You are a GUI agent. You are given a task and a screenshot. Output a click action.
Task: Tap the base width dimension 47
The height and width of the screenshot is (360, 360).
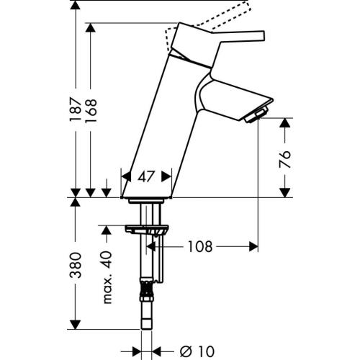(147, 176)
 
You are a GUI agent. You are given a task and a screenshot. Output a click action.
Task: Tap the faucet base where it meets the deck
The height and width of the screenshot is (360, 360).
(147, 196)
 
